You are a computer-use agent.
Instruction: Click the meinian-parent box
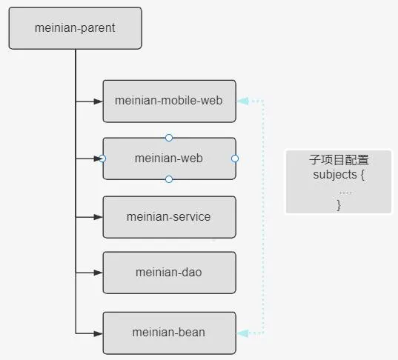tap(76, 28)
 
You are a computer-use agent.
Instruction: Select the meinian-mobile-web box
tap(169, 101)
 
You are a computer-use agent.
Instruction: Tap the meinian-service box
tap(169, 217)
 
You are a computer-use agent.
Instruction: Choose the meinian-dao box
tap(169, 273)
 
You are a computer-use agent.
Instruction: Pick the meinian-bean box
tap(169, 333)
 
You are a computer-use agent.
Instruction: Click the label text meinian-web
tap(168, 159)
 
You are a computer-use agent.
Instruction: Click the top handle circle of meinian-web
tap(169, 138)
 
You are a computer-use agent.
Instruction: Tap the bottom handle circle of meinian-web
tap(169, 179)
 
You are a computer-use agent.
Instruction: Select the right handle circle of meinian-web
tap(235, 159)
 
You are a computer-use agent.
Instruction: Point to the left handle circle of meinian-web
tap(102, 159)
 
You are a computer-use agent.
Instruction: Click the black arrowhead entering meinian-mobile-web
tap(98, 101)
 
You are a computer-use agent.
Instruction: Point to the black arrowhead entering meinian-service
tap(98, 217)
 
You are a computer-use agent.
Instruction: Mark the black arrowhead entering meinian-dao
tap(98, 273)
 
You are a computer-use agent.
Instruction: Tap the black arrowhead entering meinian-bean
tap(98, 333)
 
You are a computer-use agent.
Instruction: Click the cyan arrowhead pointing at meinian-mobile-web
tap(243, 101)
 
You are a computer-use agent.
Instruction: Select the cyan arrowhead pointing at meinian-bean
tap(243, 333)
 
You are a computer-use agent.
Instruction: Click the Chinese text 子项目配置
tap(339, 160)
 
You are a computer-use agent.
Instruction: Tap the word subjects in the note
tap(335, 175)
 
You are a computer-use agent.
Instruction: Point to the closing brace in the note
tap(339, 205)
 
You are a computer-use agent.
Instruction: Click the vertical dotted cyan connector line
tap(263, 217)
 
